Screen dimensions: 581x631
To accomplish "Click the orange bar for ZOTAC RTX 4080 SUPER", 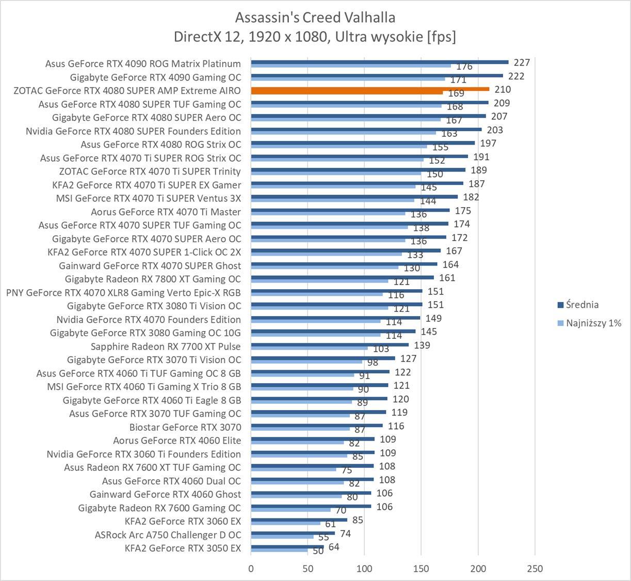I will tap(370, 89).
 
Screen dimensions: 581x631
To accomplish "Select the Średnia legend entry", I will tap(582, 305).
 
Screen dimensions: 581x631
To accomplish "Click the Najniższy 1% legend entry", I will tap(593, 323).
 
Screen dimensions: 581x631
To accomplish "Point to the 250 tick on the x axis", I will tap(535, 569).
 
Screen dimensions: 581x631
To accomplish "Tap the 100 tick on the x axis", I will tap(364, 569).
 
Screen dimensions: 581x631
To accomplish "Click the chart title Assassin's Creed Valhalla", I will tap(315, 18).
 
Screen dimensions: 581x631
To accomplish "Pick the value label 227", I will tap(522, 62).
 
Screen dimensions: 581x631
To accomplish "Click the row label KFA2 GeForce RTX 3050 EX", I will tap(183, 548).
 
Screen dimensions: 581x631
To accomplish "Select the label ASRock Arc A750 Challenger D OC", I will tap(168, 535).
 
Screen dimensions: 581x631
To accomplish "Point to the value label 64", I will tap(334, 546).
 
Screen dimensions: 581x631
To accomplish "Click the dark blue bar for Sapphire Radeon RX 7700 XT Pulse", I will tap(330, 344).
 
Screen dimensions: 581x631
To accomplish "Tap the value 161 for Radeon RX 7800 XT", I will tap(447, 278).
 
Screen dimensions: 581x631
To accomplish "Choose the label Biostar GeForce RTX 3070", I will tap(185, 427).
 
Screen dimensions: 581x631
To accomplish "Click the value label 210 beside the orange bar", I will tap(502, 89).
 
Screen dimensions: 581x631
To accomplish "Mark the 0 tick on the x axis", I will tap(251, 569).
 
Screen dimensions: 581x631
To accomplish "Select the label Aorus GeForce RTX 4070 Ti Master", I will tap(166, 212).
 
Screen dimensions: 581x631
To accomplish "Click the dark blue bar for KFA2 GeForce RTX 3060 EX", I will tap(299, 520).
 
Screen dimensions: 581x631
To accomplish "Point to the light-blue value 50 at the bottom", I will tap(318, 551).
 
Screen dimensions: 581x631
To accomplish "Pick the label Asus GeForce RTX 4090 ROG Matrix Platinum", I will tap(143, 64).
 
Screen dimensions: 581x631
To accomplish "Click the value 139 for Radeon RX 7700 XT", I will tap(422, 345).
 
